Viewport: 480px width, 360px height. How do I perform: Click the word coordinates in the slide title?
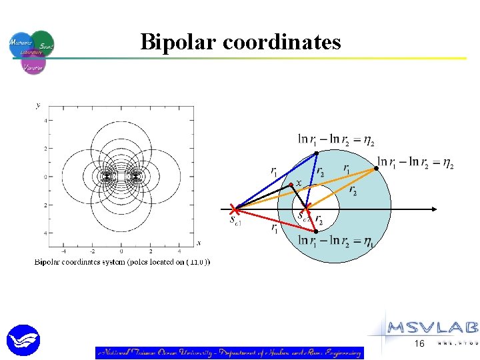click(x=281, y=43)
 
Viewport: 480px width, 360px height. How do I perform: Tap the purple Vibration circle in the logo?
click(x=33, y=64)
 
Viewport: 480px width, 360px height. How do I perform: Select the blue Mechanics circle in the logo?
click(x=21, y=45)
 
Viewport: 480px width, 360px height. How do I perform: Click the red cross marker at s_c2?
click(x=306, y=209)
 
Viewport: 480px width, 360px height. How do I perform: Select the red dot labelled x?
click(x=291, y=185)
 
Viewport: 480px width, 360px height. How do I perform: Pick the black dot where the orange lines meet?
click(x=376, y=168)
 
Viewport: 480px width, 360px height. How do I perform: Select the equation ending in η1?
click(x=335, y=241)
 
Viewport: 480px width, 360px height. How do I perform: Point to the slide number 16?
click(x=419, y=343)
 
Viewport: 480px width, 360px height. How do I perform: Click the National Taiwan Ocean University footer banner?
click(x=229, y=353)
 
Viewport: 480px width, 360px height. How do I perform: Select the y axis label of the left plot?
click(x=37, y=105)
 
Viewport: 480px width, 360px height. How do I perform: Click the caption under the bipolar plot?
click(x=122, y=262)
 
